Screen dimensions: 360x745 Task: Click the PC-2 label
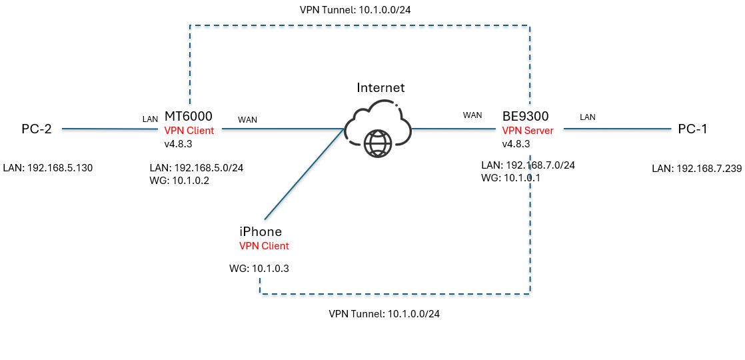coord(36,129)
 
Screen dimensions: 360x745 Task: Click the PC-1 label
coord(692,129)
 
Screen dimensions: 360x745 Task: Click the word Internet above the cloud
coord(380,87)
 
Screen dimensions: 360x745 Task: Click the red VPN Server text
coord(528,131)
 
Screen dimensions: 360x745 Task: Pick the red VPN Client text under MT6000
coord(189,131)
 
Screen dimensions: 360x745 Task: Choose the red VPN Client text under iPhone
coord(264,246)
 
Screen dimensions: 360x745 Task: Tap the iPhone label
coord(261,232)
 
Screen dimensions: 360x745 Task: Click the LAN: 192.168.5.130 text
coord(47,168)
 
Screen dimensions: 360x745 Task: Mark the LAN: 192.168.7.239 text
coord(696,169)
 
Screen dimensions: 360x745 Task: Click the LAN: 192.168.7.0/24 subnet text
coord(527,165)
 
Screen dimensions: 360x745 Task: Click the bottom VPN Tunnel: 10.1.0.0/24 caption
coord(384,313)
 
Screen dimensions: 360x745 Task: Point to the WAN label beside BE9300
coord(472,115)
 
